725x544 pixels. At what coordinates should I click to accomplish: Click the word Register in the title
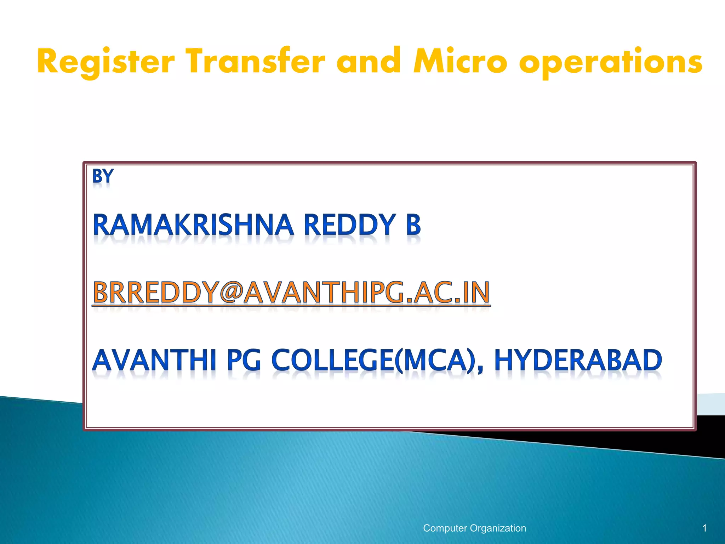(x=105, y=62)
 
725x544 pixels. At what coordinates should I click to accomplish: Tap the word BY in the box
(x=103, y=176)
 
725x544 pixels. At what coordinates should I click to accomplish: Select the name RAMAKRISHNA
(x=193, y=225)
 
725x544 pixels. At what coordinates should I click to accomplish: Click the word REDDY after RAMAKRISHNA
(x=349, y=225)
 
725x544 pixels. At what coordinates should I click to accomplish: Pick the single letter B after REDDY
(x=413, y=225)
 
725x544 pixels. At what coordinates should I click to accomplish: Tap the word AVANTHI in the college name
(x=154, y=360)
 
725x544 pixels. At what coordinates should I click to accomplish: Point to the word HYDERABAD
(x=578, y=360)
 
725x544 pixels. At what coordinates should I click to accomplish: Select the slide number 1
(x=704, y=528)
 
